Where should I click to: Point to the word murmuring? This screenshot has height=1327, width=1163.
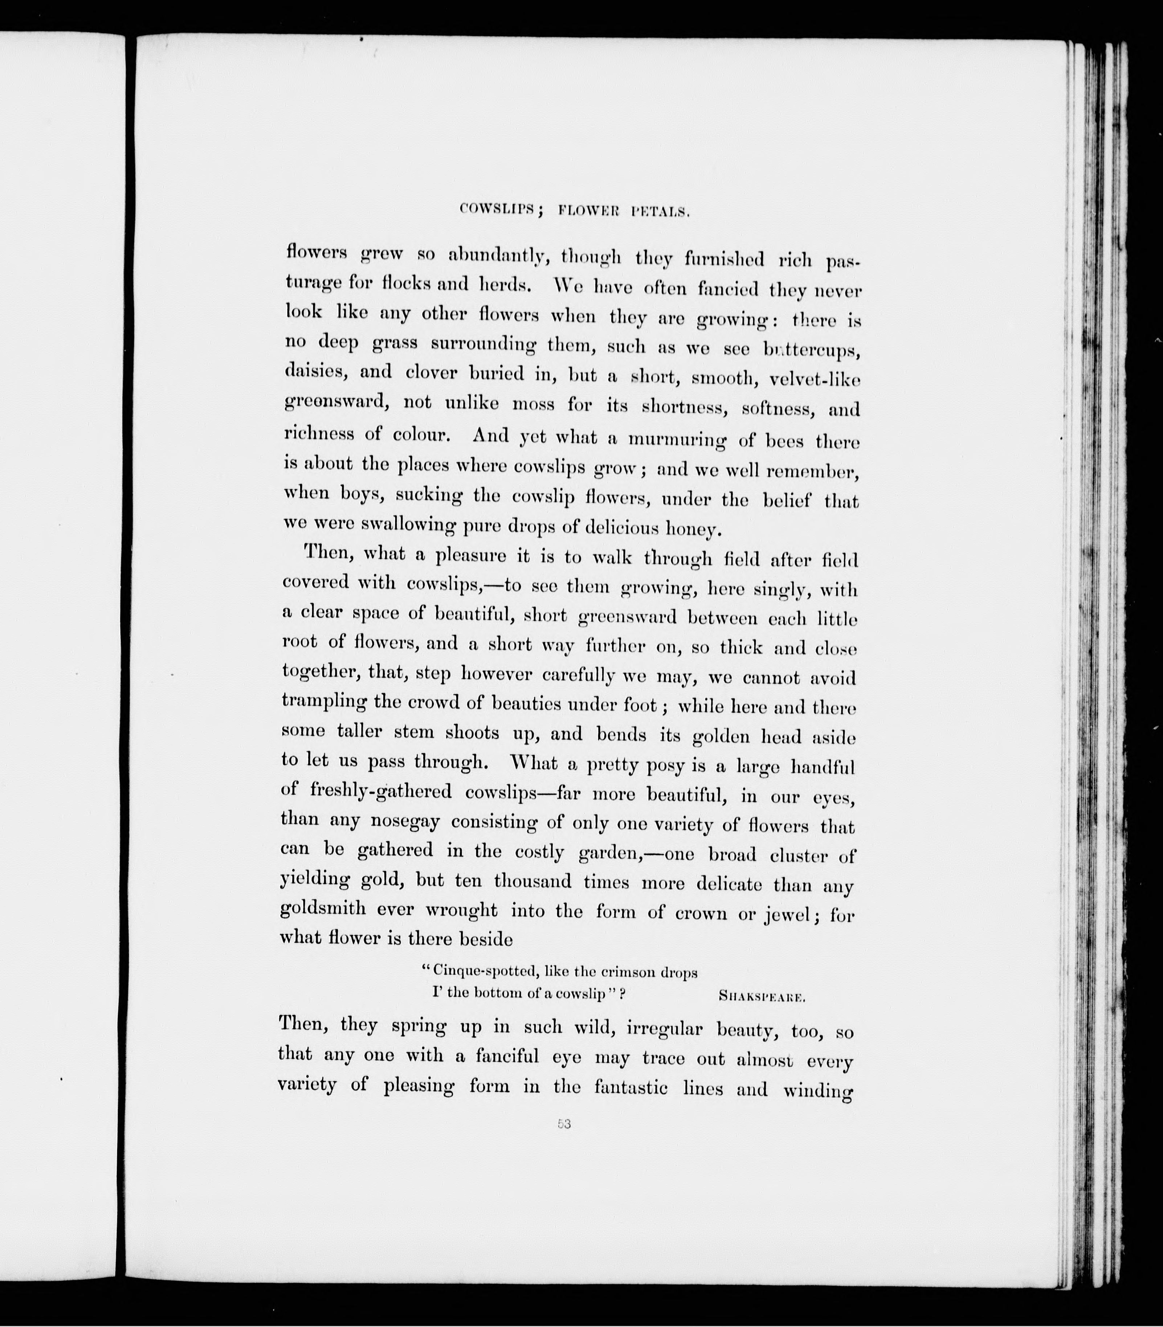pos(678,440)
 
